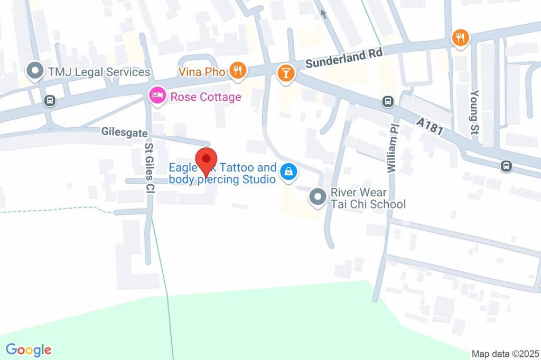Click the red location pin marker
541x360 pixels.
(206, 160)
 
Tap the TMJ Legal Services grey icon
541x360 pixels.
(35, 71)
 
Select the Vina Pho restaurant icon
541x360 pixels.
(238, 71)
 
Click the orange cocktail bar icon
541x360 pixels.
(286, 73)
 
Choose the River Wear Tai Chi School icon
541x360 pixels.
(318, 197)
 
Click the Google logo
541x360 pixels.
(29, 349)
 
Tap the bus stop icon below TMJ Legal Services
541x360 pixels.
(50, 100)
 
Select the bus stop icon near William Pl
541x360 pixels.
(388, 101)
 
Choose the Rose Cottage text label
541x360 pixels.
(206, 97)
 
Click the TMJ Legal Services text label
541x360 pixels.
(99, 72)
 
